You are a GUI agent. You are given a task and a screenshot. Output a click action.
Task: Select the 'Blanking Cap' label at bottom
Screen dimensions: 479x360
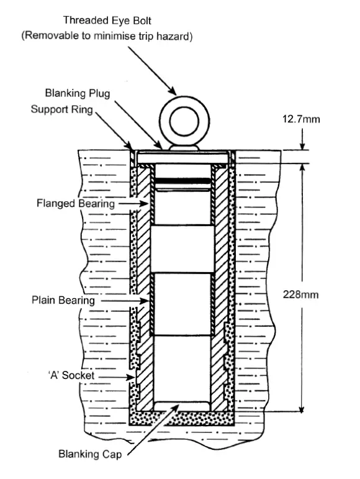coord(88,454)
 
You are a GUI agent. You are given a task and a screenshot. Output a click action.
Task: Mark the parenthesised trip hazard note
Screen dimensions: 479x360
coord(107,36)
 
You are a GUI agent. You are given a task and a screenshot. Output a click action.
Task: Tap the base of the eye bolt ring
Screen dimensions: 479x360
coord(182,148)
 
